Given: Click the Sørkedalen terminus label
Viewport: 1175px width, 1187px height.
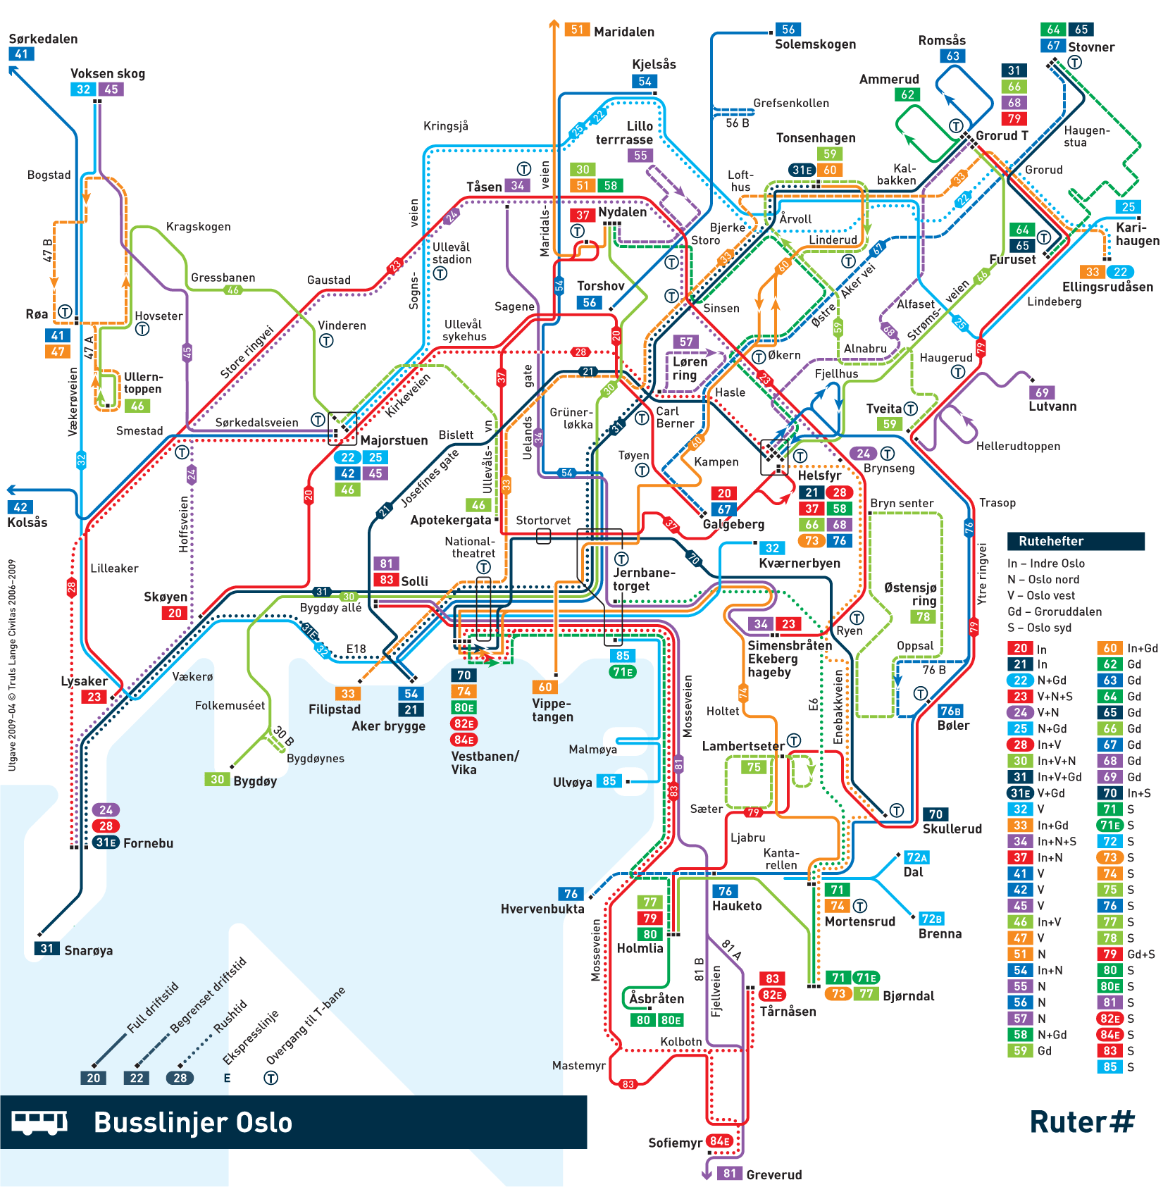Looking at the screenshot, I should (x=43, y=39).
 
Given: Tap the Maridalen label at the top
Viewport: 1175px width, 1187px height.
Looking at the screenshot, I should (x=623, y=32).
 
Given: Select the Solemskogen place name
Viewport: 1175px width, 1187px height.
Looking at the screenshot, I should (x=815, y=44).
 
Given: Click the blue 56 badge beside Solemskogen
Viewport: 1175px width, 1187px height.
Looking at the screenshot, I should (x=788, y=30).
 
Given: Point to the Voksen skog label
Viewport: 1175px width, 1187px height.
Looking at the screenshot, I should (x=107, y=73).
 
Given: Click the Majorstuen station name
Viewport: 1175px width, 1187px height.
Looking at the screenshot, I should (x=394, y=440).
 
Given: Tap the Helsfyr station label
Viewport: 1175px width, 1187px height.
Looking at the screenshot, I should (x=819, y=476).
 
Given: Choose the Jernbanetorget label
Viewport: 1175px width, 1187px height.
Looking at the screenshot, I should (x=643, y=579).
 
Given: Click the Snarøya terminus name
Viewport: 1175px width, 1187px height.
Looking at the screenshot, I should (x=88, y=950).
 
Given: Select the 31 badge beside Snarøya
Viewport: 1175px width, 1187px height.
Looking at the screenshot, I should (x=46, y=949).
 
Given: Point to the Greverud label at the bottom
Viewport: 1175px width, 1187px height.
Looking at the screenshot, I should (x=773, y=1174).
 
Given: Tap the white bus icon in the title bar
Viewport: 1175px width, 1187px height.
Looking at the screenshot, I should (x=39, y=1122).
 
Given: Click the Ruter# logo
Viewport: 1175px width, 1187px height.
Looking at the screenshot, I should (x=1081, y=1121).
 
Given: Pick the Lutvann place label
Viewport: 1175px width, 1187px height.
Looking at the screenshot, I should (x=1052, y=406).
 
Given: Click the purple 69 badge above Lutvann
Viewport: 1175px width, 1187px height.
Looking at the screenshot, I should (x=1041, y=392).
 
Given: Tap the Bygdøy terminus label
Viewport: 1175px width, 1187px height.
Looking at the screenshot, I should (x=254, y=781).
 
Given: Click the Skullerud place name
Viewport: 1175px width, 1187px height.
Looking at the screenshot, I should (x=952, y=829).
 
